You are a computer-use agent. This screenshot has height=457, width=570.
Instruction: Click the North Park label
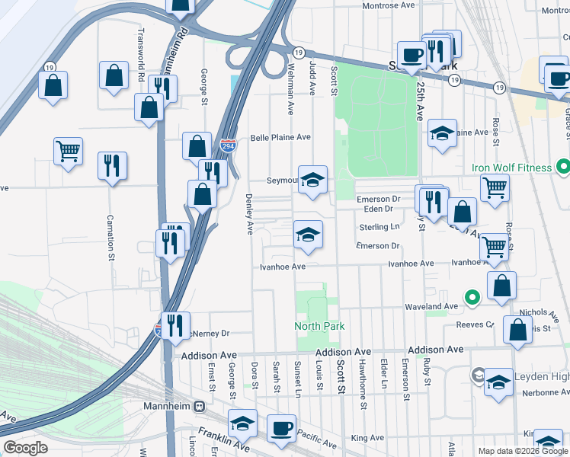coord(320,326)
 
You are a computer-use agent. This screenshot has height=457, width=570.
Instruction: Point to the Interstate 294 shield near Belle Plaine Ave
coord(227,145)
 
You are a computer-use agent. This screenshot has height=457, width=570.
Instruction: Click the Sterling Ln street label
coord(379,227)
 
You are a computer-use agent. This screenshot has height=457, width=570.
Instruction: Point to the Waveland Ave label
coord(431,306)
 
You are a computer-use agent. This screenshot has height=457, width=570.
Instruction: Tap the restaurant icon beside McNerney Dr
coord(175,325)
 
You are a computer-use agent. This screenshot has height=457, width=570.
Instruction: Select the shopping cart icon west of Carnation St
coord(68,150)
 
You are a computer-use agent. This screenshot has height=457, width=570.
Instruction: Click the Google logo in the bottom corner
coord(25,448)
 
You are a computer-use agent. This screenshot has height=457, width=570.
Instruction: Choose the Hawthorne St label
coord(363,395)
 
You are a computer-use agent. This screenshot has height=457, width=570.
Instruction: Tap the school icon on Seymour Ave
coord(312,181)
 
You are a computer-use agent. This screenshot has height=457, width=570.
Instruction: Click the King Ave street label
coord(368,438)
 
